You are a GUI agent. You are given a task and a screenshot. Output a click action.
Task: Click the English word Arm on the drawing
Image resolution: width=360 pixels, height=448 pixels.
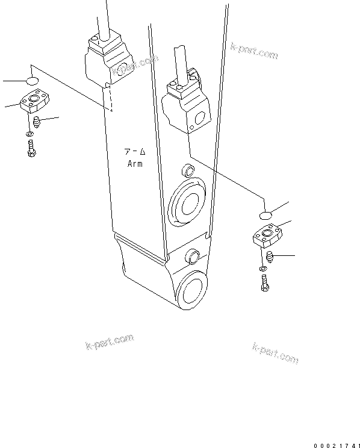135,164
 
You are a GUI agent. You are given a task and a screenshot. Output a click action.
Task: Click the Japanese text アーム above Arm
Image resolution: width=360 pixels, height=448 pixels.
135,153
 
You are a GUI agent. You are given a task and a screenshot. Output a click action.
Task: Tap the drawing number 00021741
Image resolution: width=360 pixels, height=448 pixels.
335,445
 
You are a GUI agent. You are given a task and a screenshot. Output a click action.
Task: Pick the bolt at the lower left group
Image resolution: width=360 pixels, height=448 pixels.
31,148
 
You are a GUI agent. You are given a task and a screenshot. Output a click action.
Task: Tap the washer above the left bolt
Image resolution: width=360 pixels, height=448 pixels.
30,134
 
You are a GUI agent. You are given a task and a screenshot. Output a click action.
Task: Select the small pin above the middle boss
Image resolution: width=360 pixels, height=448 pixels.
187,169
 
